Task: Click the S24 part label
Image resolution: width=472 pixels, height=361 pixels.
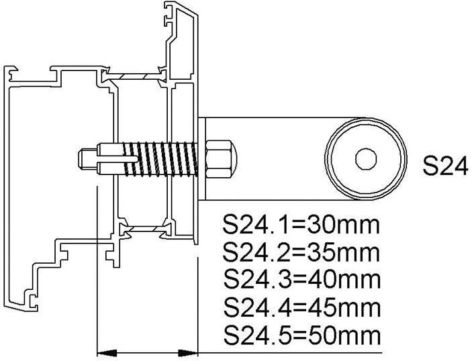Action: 445,166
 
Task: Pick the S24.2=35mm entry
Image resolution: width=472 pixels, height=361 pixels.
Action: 300,253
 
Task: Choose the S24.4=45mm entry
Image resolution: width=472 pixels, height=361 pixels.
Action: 300,307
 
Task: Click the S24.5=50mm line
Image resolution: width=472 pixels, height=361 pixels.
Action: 300,335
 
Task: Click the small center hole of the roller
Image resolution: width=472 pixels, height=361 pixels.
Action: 366,159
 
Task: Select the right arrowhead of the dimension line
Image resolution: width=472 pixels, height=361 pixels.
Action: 189,351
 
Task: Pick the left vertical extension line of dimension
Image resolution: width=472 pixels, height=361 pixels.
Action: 99,268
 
